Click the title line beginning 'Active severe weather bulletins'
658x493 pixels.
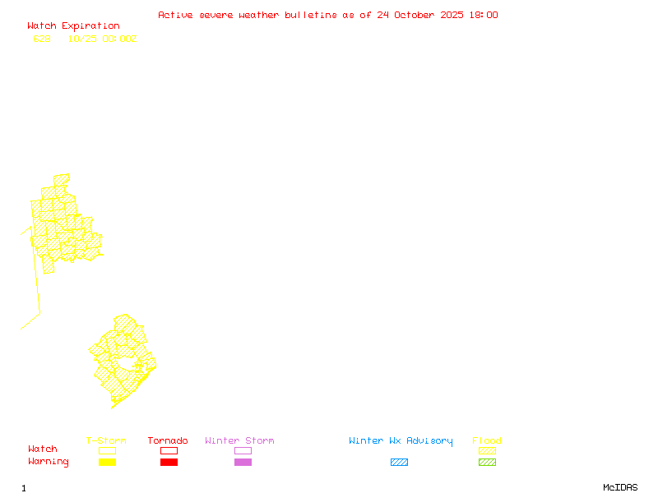click(327, 15)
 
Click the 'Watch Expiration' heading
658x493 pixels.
click(73, 26)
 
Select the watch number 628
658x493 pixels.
click(42, 39)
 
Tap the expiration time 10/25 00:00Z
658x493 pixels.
click(102, 39)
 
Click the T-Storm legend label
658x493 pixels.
click(106, 441)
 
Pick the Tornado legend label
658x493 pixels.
click(168, 441)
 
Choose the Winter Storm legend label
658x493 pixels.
click(239, 441)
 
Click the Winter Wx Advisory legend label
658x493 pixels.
click(401, 441)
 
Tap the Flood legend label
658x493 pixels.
click(487, 441)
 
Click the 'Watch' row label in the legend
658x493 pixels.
click(43, 449)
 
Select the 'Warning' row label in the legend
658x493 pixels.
click(49, 462)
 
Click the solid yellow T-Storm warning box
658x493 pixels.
click(107, 463)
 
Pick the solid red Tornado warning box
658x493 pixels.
click(169, 463)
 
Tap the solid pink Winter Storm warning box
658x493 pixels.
click(243, 463)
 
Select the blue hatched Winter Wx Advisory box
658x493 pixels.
click(399, 463)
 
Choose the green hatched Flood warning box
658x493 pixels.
click(487, 463)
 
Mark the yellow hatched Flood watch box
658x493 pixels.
click(487, 450)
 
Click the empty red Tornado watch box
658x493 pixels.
click(169, 450)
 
